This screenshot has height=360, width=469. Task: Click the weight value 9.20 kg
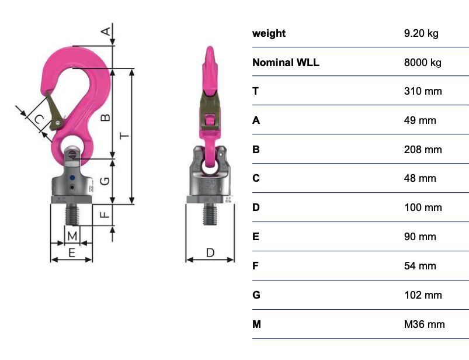[421, 33]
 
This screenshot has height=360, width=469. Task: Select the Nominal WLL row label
[286, 63]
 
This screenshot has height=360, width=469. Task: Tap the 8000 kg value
[423, 63]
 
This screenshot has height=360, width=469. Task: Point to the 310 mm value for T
[423, 91]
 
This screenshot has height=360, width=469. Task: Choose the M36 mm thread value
[424, 324]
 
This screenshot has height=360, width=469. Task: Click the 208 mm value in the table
[423, 150]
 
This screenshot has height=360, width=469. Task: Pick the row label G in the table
[256, 295]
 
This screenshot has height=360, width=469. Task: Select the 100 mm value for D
[423, 207]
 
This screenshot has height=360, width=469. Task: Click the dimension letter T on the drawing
[124, 136]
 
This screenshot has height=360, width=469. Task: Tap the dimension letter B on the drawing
[105, 117]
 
